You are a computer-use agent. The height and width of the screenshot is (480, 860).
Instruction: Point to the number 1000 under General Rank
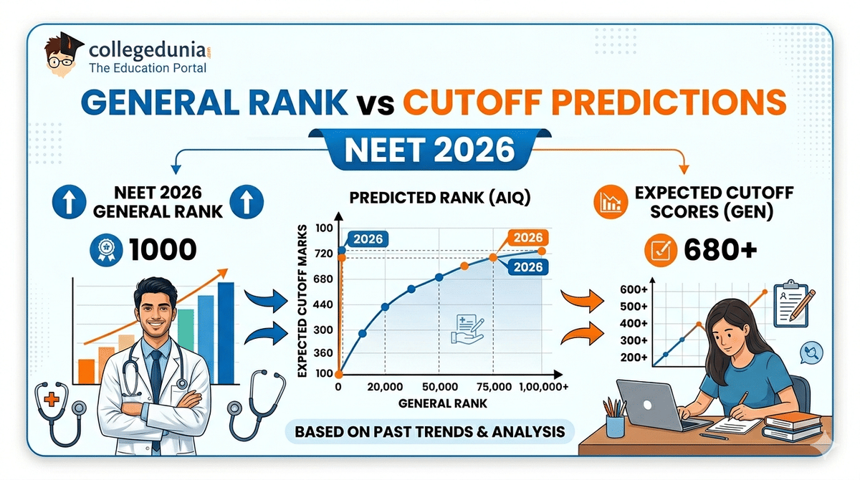(163, 249)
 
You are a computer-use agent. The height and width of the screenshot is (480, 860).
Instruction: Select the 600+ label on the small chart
(634, 289)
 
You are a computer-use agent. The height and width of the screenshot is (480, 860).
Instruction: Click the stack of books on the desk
(792, 427)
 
